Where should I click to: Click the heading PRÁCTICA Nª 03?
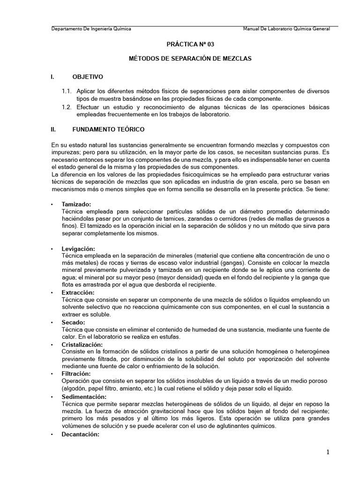pos(190,44)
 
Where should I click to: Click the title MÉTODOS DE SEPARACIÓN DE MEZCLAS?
pos(190,59)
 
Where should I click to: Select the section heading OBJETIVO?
pos(88,76)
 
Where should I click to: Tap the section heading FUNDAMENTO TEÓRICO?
pos(109,128)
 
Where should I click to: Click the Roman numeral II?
pos(53,128)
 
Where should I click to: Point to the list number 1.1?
pos(67,90)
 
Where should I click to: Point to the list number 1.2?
pos(67,107)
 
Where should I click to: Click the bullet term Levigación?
pos(78,248)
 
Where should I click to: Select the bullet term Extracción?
pos(78,292)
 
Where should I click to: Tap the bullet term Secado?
pos(74,322)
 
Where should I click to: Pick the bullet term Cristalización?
pos(82,345)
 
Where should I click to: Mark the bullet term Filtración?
pos(76,374)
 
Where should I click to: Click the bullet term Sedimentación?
pos(84,397)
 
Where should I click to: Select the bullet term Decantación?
pos(81,434)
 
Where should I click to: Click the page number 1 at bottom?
pos(328,452)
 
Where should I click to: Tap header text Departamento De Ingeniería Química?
pos(91,29)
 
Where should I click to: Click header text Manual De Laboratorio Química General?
pos(286,29)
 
